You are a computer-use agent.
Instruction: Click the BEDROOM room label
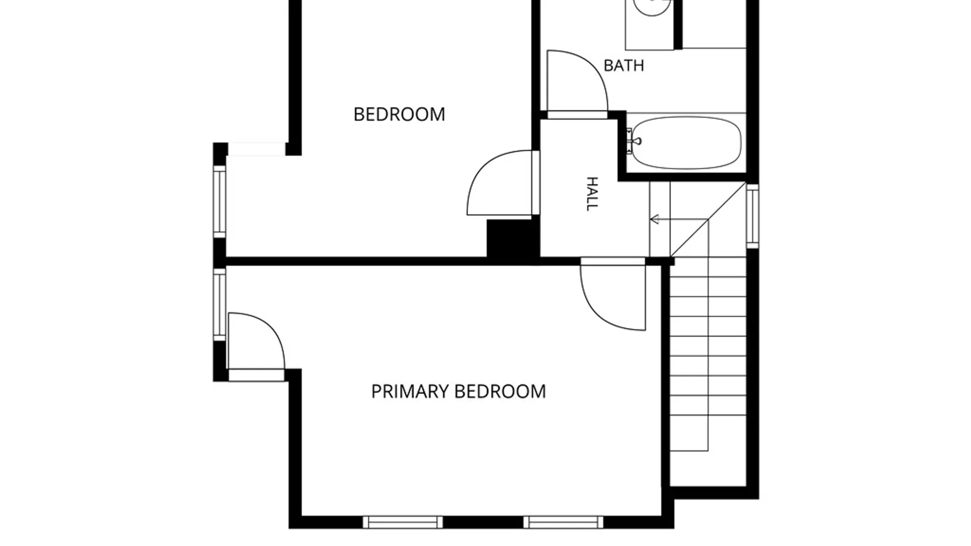coord(399,114)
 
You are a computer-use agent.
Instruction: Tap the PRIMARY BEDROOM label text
coord(458,391)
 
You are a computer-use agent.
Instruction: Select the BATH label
coord(624,65)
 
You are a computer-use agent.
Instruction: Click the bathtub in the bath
coord(686,143)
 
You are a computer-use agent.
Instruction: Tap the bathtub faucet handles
coord(630,141)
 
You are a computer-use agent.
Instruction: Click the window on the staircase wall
coord(753,216)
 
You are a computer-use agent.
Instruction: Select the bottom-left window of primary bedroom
coord(403,522)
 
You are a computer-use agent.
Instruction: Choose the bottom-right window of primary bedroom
coord(563,522)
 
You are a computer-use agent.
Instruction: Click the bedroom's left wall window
coord(219,202)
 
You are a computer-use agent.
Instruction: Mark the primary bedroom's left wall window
coord(219,304)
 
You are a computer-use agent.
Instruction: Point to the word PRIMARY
coord(410,391)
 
